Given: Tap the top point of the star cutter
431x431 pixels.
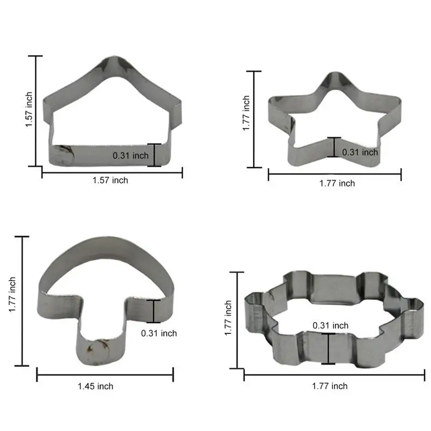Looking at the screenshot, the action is coord(333,73).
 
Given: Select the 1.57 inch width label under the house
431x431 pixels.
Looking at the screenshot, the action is coord(110,180).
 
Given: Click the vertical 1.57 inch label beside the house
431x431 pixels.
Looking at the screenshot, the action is coord(29,109).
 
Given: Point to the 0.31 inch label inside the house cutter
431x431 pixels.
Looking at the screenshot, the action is coord(130,156).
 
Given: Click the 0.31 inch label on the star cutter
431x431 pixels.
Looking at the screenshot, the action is coord(360,152).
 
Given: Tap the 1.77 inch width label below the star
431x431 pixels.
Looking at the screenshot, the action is coord(337,183).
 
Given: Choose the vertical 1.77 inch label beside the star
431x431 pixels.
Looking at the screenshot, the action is coord(246,113).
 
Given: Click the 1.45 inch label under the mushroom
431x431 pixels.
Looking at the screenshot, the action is coord(95,386).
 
